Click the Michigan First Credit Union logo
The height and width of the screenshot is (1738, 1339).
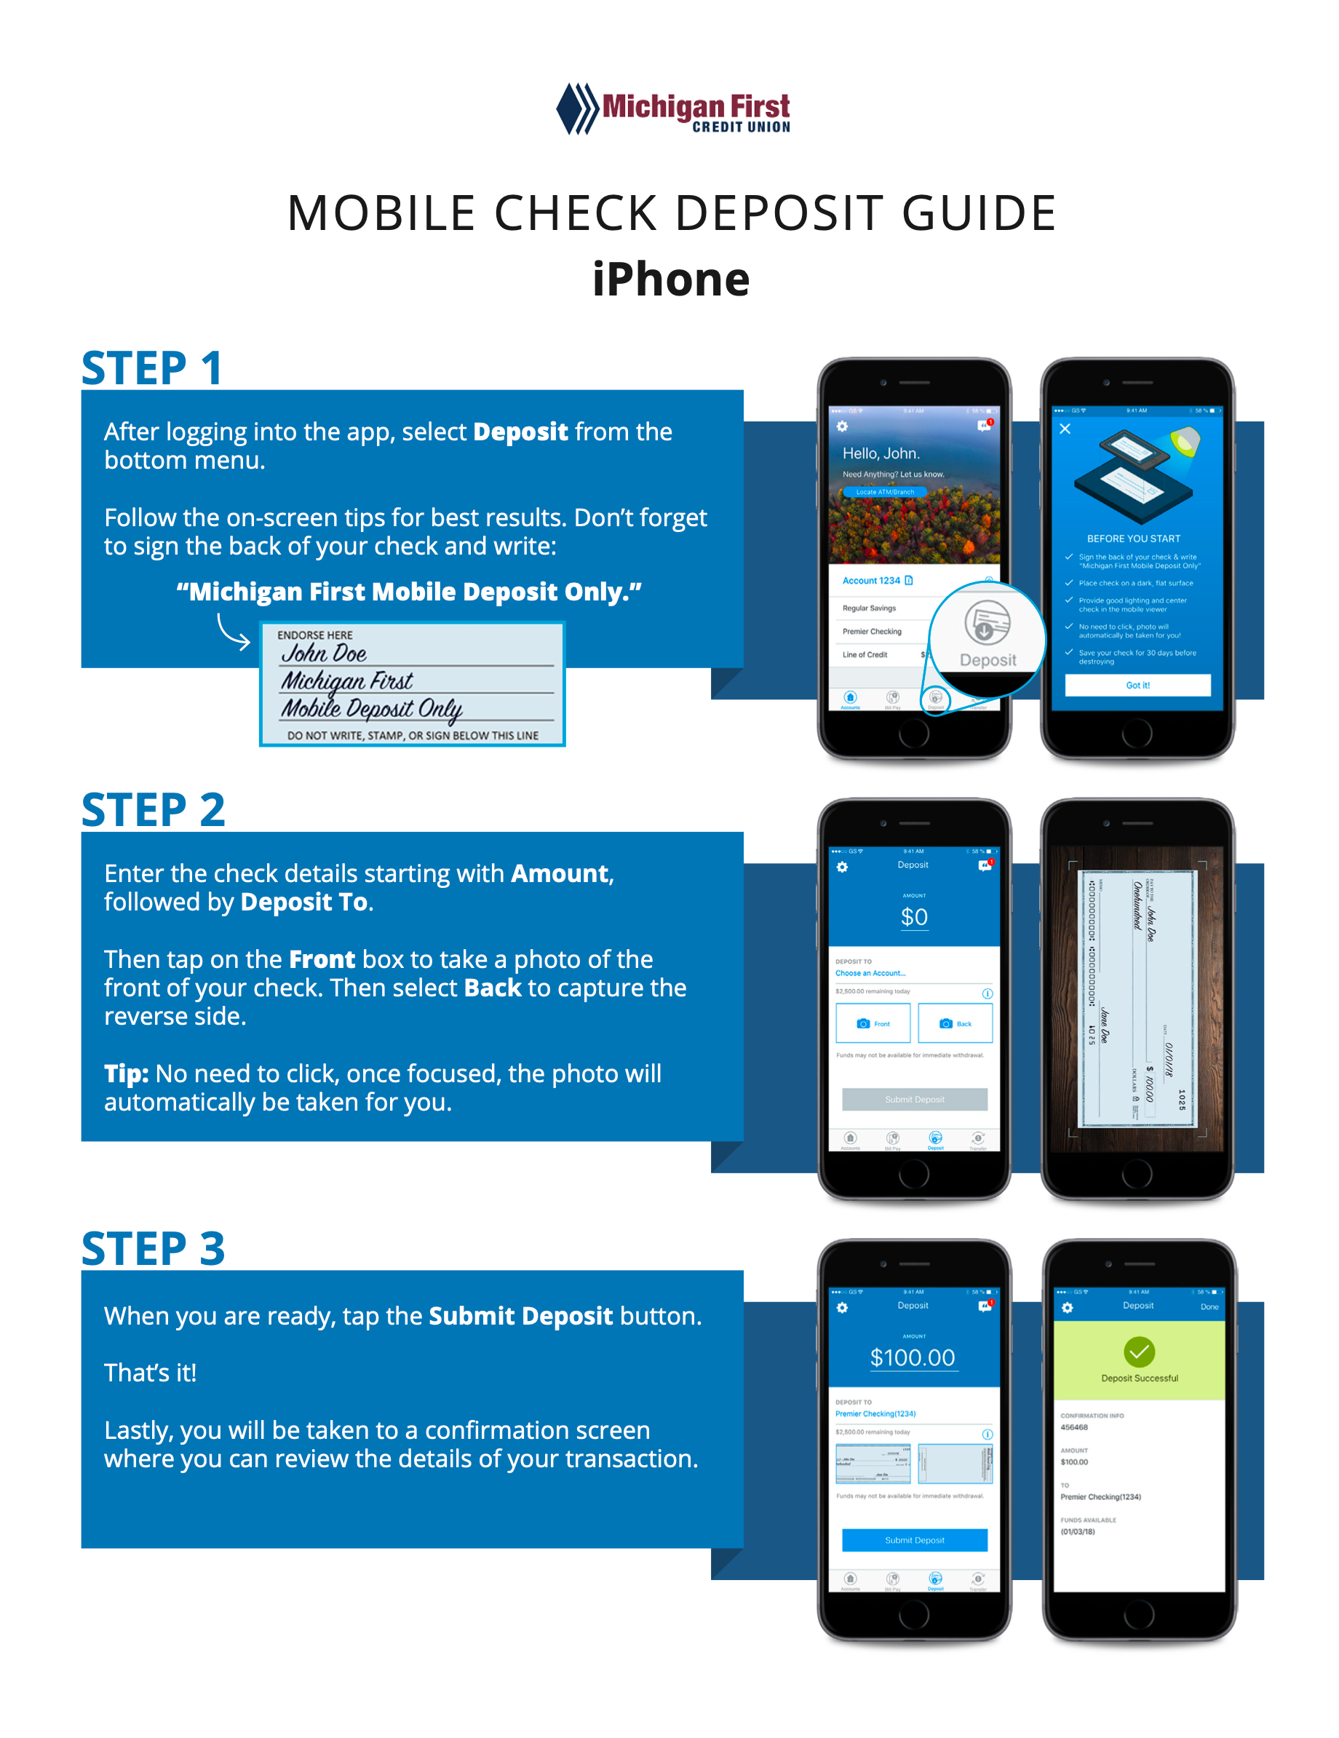pos(672,109)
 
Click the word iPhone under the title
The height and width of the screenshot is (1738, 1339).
pos(671,279)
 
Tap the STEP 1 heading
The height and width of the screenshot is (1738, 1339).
pos(151,368)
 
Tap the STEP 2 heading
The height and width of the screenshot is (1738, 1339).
pos(153,810)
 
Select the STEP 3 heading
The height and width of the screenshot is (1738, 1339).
pos(153,1249)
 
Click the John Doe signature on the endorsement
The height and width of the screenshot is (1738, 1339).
pos(324,654)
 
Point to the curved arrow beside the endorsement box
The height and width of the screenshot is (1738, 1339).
pos(232,632)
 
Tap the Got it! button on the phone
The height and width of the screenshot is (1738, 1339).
pos(1137,685)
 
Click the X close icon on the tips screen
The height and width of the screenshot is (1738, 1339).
pos(1065,429)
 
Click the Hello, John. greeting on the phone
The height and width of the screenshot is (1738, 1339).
pos(881,453)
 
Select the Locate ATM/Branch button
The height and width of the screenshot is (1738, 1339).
pos(885,493)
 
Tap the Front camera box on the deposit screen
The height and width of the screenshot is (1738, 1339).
pos(873,1023)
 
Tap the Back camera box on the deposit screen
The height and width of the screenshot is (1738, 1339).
pos(955,1023)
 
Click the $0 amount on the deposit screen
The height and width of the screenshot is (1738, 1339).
pos(913,918)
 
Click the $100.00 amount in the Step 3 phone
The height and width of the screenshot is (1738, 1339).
pos(913,1357)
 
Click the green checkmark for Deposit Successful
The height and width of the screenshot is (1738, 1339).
pos(1138,1352)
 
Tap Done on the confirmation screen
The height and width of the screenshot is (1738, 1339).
pos(1209,1306)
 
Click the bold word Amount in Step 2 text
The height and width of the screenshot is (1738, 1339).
pos(560,874)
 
